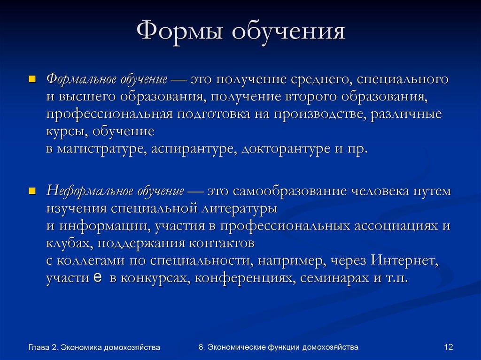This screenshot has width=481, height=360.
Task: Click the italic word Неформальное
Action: pos(84,192)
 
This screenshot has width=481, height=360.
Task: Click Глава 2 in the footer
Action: pos(43,347)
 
